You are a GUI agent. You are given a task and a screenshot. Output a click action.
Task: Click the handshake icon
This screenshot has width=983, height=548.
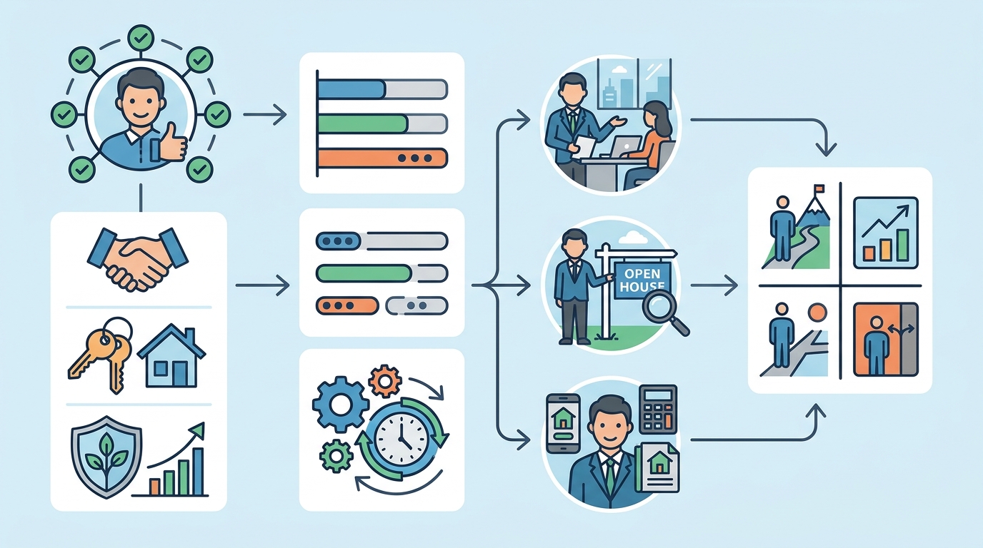[138, 258]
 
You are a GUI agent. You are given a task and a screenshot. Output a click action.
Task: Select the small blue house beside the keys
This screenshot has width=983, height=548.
[171, 355]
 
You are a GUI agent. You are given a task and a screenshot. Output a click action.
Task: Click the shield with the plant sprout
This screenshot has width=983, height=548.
[106, 457]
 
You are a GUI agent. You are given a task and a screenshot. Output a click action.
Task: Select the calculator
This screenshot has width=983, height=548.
[658, 410]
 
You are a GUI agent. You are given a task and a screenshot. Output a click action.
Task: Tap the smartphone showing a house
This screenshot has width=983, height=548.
[563, 423]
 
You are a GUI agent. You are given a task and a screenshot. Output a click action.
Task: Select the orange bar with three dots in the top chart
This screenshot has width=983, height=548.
[382, 158]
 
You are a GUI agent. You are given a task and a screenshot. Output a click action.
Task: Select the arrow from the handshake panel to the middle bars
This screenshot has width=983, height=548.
[262, 285]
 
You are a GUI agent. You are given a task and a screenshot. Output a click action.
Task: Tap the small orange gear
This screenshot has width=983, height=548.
[385, 382]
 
